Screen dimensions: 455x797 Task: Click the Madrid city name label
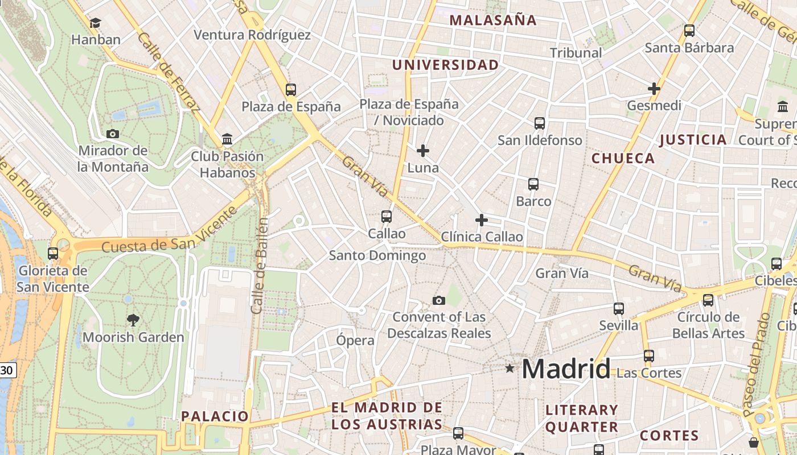(x=566, y=369)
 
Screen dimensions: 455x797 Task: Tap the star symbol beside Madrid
(x=510, y=369)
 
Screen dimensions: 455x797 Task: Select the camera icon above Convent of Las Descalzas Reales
(x=438, y=300)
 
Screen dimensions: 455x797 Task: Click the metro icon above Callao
(x=387, y=217)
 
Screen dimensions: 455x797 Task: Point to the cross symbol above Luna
(x=423, y=151)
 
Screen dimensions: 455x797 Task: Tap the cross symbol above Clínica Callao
(x=482, y=220)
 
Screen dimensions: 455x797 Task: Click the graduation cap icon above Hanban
(x=95, y=23)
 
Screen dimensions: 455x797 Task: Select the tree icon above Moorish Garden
(x=133, y=320)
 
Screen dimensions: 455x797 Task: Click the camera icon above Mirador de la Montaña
(x=113, y=134)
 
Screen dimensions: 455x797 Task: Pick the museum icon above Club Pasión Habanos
(x=227, y=139)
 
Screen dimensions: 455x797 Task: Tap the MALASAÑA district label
(x=493, y=20)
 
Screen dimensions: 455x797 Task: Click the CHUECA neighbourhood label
(x=623, y=159)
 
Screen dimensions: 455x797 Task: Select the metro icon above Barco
(x=533, y=184)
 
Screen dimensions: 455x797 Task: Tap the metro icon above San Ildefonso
(x=540, y=123)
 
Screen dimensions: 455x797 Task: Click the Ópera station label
(x=355, y=340)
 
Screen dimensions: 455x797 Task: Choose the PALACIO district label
(x=215, y=416)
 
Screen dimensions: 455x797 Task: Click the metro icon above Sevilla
(x=619, y=309)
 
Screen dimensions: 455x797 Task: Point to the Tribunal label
(x=576, y=53)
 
